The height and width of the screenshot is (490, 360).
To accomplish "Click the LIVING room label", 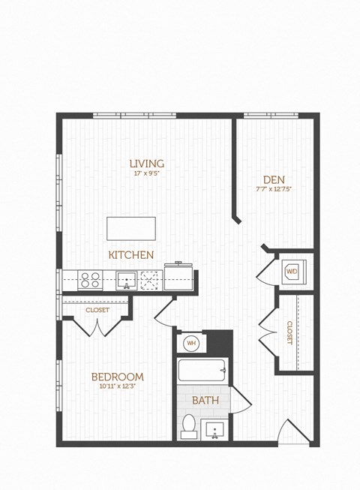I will click(x=146, y=164).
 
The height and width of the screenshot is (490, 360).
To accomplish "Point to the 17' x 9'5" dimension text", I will click(x=146, y=174).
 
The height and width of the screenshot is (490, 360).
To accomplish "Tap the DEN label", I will click(x=272, y=179).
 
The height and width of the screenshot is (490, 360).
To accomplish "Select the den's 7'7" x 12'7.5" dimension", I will click(x=272, y=189).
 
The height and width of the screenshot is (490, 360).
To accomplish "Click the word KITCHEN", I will click(x=131, y=255).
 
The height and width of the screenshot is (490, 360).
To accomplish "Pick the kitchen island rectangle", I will click(x=131, y=228).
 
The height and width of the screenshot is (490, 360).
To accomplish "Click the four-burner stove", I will click(x=90, y=280).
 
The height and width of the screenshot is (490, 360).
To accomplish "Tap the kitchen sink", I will click(x=126, y=281).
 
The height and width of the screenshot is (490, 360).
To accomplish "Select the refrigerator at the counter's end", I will click(x=178, y=277).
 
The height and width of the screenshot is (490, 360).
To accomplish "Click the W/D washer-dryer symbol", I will click(x=291, y=271).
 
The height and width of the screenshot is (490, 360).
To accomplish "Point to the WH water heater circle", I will click(x=191, y=343).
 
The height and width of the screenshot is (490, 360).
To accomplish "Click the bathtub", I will click(x=203, y=371).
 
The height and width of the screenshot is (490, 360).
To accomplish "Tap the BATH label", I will click(x=205, y=400).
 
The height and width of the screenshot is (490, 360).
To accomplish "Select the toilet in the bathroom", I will click(x=189, y=426).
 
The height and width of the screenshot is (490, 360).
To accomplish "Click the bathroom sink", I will click(x=214, y=431).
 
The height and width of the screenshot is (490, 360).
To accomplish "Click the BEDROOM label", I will click(x=118, y=377).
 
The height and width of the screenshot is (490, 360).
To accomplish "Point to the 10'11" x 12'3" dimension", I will click(x=118, y=386).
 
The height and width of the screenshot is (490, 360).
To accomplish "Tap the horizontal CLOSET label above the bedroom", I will click(x=97, y=310).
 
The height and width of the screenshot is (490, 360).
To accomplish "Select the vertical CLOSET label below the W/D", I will click(x=289, y=332).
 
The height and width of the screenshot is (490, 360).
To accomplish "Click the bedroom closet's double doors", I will click(x=98, y=326).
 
